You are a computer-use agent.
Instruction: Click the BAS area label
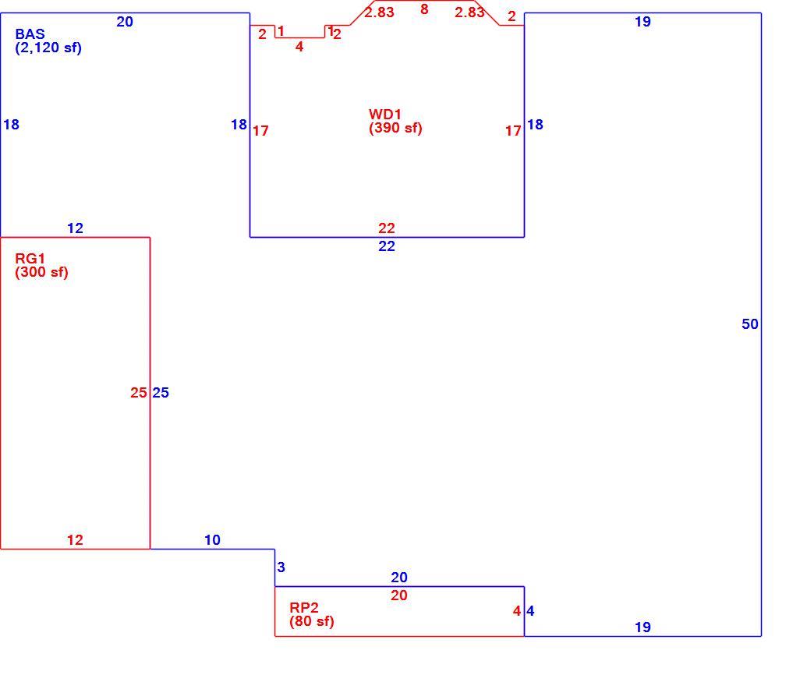click(30, 34)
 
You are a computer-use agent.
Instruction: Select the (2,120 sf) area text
click(48, 48)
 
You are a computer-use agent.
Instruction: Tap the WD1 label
click(385, 115)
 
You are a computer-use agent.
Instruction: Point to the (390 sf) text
click(395, 128)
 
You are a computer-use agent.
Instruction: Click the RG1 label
click(30, 259)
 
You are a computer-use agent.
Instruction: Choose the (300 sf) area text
click(42, 273)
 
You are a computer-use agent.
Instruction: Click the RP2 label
click(304, 608)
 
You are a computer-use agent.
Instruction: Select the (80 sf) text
click(312, 621)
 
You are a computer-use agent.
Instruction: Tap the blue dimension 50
click(750, 324)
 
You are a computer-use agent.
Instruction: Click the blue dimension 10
click(212, 540)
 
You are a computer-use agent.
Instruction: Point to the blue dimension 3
click(281, 567)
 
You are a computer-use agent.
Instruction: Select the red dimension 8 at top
click(424, 9)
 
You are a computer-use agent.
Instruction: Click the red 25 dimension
click(139, 392)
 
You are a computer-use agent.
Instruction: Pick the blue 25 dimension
click(161, 392)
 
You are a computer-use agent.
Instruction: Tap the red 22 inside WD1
click(387, 228)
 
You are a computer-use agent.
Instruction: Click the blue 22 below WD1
click(387, 246)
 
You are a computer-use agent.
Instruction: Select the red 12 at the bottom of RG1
click(75, 540)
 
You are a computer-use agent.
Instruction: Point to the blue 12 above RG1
click(75, 228)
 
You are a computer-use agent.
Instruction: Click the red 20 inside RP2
click(399, 595)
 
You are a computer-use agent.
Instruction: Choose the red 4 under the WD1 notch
click(299, 47)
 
